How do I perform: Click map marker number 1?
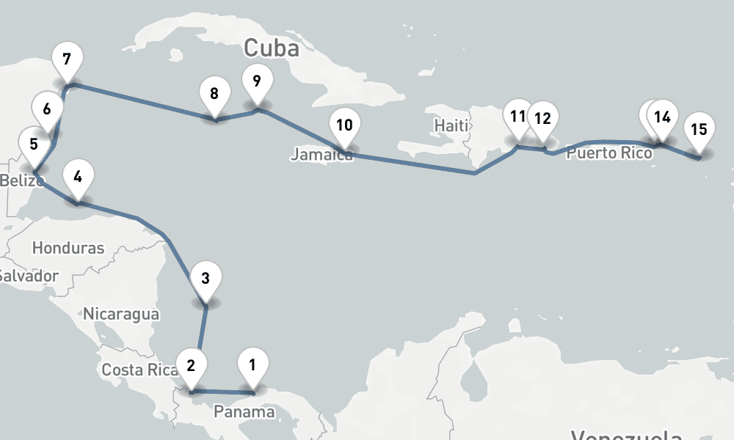pos(252,364)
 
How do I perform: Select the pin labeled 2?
pos(191,364)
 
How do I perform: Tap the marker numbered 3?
pos(206,279)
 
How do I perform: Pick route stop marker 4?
pos(78,177)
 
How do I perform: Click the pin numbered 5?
pos(34,144)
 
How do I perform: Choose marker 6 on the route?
pos(47,110)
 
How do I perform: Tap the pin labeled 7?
pos(67,59)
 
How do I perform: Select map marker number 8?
pos(214,94)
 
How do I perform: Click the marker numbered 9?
pos(256,81)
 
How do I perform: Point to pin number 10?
pos(344,125)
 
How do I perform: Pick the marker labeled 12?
pos(542,118)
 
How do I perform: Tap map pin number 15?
pos(699,130)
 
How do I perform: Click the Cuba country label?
pos(272,48)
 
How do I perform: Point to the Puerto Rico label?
pos(609,154)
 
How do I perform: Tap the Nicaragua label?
pos(121,314)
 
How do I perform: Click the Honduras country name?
pos(68,248)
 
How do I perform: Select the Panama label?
pos(244,412)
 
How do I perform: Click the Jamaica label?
pos(320,155)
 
